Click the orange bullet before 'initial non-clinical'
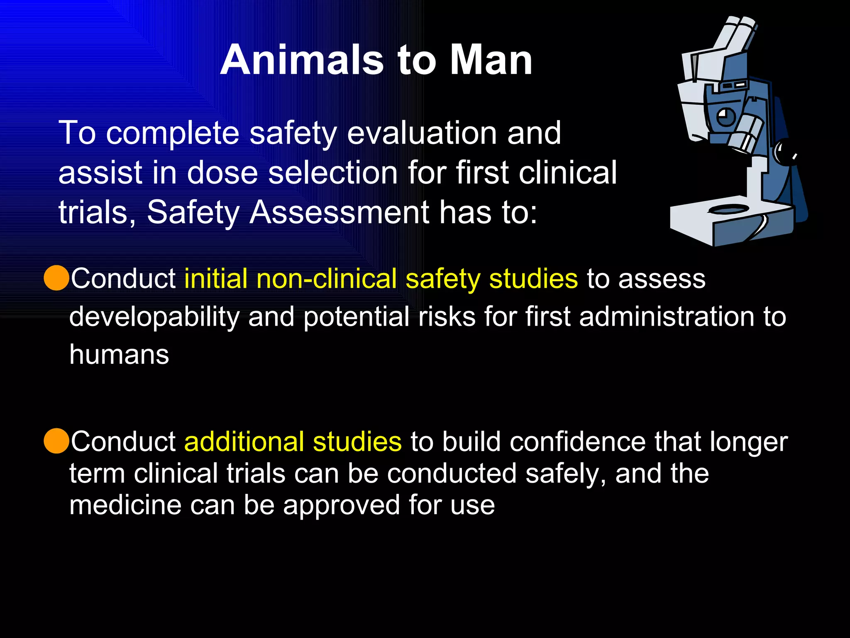pos(56,278)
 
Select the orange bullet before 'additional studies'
pos(56,441)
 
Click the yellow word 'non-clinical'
pos(327,278)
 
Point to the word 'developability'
pos(154,317)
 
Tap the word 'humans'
pos(119,355)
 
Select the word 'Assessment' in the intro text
pos(339,212)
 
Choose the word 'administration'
pos(667,317)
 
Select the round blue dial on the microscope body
pos(725,117)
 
